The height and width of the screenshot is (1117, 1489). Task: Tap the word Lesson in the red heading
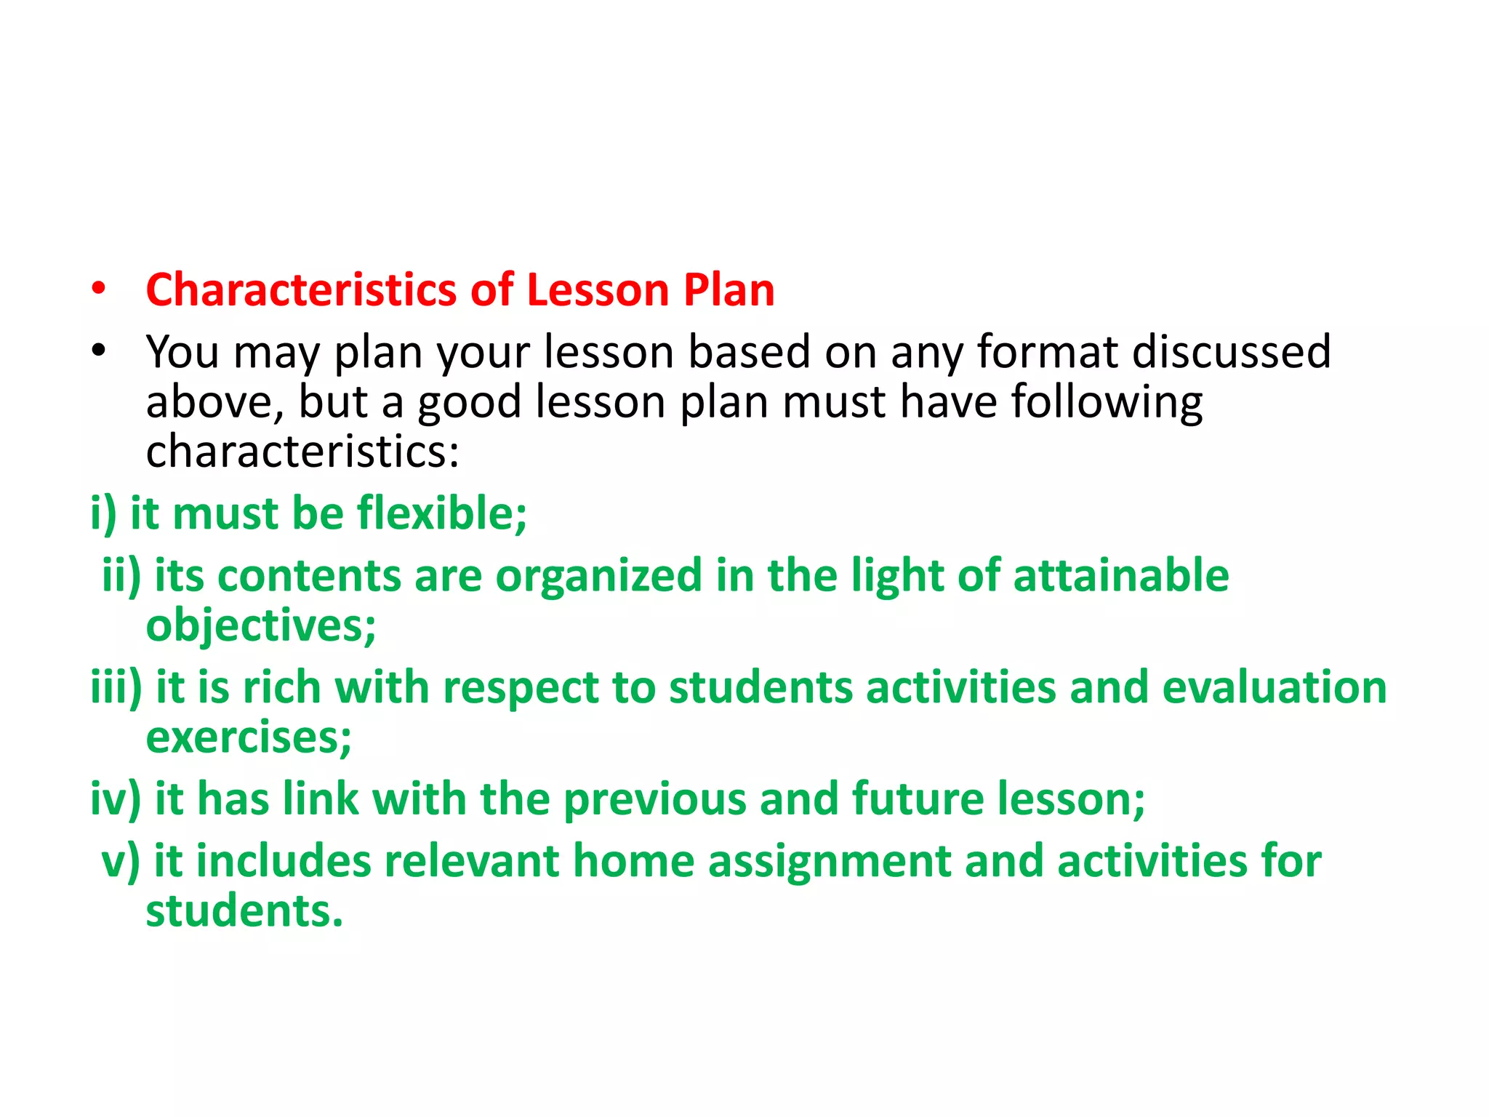click(x=598, y=290)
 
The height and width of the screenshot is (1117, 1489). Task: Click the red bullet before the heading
click(x=99, y=290)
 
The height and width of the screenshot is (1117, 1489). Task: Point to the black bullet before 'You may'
click(x=99, y=352)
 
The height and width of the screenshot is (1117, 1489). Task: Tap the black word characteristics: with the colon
click(x=302, y=452)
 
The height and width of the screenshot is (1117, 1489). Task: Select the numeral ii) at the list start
click(x=121, y=576)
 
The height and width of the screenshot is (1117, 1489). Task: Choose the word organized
click(x=598, y=576)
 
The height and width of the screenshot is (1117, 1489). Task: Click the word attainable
click(x=1120, y=576)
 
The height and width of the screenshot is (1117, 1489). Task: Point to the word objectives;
click(x=261, y=625)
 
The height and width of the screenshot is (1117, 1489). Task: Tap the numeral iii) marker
click(x=116, y=688)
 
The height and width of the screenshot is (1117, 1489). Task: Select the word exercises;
click(x=249, y=737)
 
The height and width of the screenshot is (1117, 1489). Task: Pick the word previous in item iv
click(x=654, y=799)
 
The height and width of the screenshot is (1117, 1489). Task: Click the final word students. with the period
click(x=244, y=911)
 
